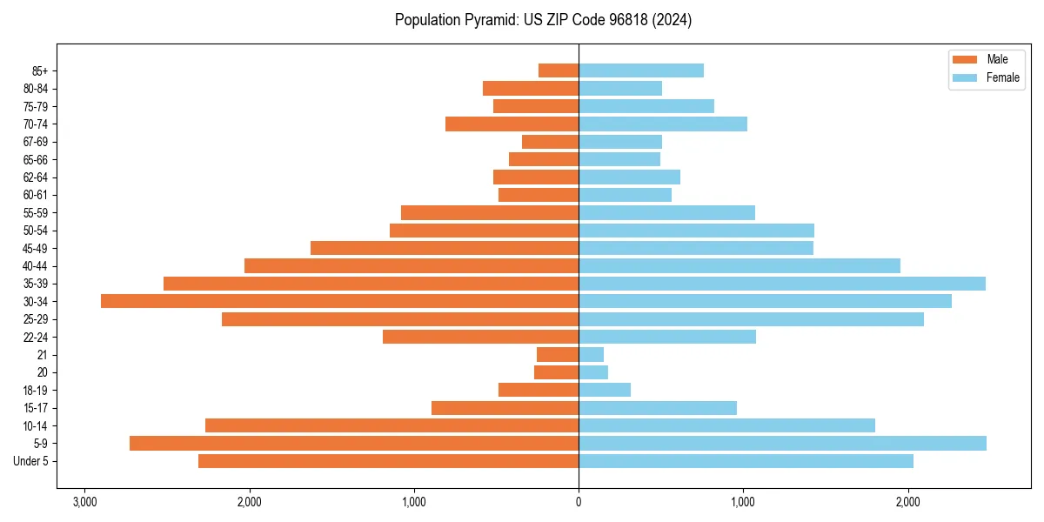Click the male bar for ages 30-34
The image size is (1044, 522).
(x=339, y=301)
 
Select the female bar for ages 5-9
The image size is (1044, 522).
(x=782, y=443)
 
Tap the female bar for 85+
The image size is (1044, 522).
(x=641, y=70)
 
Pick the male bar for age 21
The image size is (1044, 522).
(x=558, y=354)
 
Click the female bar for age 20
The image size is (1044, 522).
(x=593, y=372)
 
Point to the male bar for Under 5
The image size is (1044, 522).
(x=388, y=461)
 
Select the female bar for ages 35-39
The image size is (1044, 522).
(x=782, y=284)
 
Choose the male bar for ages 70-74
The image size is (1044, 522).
(x=512, y=124)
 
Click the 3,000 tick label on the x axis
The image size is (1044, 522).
(x=84, y=502)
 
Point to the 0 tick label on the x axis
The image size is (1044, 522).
(x=579, y=502)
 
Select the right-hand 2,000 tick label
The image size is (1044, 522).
(x=907, y=502)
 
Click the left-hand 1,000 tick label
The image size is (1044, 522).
(x=414, y=502)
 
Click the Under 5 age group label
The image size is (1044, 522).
(x=30, y=461)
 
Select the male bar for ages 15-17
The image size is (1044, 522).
(x=505, y=408)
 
